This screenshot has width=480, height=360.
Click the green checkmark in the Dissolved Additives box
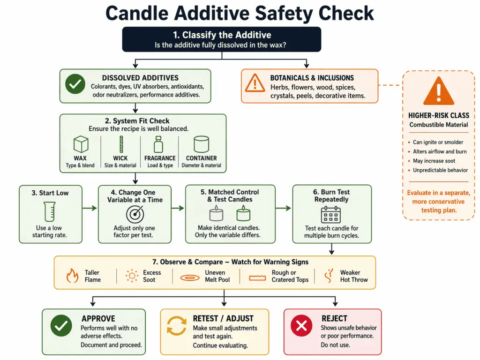coord(74,85)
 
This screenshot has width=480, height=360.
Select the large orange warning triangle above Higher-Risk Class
coord(439,90)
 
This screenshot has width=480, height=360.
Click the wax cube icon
coord(81,144)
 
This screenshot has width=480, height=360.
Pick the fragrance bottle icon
coord(159,144)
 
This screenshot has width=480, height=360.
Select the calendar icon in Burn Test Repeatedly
coord(331,214)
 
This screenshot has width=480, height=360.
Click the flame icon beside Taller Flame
coord(73,276)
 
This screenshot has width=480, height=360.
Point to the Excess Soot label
coord(152,276)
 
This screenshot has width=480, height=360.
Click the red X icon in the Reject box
coord(301,326)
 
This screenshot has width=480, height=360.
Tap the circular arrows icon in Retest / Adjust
coord(177,326)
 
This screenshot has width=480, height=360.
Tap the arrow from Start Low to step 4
coord(90,208)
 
